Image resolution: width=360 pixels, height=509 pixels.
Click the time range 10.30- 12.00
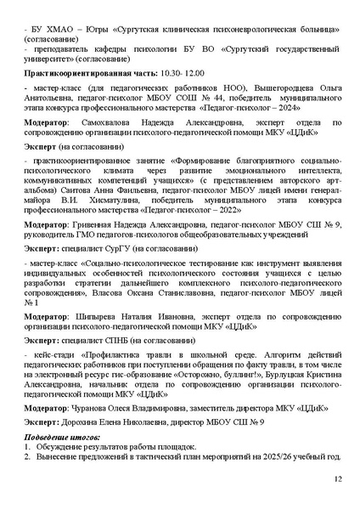pyautogui.click(x=183, y=75)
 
